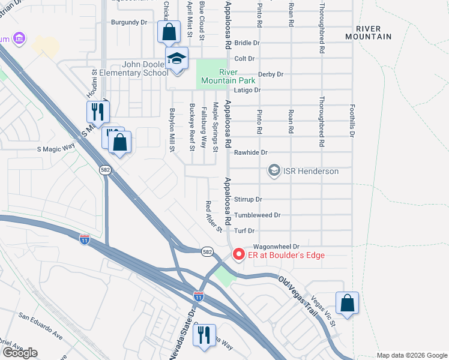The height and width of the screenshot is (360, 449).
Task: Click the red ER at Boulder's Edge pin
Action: (x=238, y=255)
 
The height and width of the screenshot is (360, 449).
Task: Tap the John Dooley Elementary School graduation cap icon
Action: (x=177, y=59)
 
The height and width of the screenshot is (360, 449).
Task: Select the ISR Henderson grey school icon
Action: (x=274, y=171)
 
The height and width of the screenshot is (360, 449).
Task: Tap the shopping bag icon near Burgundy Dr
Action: (x=169, y=31)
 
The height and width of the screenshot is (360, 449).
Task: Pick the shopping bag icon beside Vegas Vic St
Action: (x=348, y=303)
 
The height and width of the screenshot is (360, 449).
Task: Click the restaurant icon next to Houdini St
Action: (x=97, y=111)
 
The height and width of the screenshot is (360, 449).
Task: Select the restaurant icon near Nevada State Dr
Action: (x=205, y=335)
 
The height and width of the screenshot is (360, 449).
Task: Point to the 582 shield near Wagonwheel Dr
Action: (x=207, y=251)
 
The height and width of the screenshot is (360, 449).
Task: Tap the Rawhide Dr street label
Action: (x=250, y=153)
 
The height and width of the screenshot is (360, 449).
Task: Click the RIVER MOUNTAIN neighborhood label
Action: (x=373, y=32)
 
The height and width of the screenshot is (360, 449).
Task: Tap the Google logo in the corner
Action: (x=20, y=353)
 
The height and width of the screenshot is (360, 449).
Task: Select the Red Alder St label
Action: (x=214, y=217)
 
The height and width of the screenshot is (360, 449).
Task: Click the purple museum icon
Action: (x=20, y=38)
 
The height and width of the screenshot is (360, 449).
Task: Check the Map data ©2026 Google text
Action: (x=412, y=355)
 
